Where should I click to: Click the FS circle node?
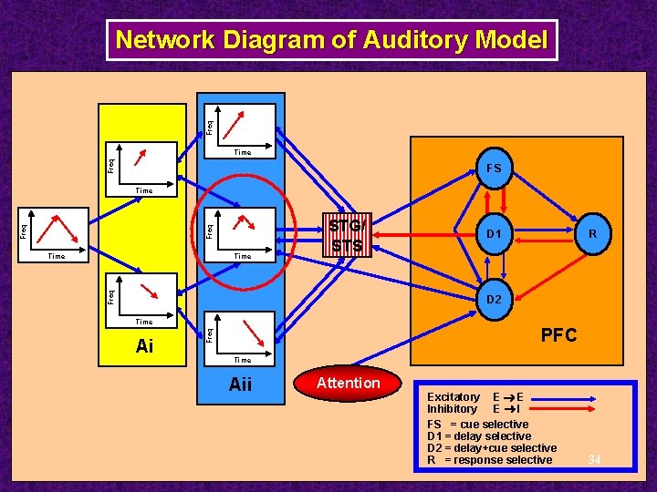(494, 169)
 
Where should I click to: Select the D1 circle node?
(494, 235)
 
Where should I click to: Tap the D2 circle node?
(494, 300)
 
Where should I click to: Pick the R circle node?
(592, 235)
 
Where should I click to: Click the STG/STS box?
(347, 235)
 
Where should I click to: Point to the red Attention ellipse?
(347, 384)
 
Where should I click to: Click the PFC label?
(558, 335)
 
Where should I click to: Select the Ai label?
(144, 346)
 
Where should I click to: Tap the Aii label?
(240, 384)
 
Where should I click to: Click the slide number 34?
(594, 457)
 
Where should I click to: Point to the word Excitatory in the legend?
(454, 397)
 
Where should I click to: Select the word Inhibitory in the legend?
(452, 409)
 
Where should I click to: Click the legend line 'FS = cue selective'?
(477, 425)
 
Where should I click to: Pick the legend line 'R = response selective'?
(489, 460)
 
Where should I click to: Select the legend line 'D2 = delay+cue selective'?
(492, 448)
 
